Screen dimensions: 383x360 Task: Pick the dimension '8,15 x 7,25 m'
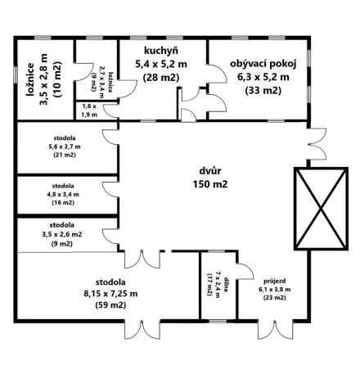[109, 292]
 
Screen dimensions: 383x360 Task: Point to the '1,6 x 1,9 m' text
[89, 110]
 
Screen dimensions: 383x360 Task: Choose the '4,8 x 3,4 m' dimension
[62, 195]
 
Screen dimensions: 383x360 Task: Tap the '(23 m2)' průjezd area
[274, 298]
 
